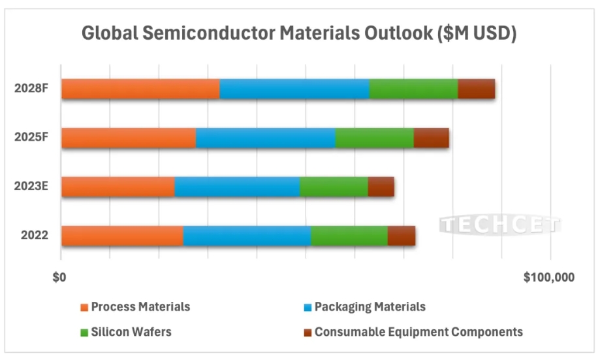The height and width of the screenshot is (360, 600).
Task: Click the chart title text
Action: click(x=300, y=34)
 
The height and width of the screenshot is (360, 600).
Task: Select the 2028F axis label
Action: click(x=31, y=89)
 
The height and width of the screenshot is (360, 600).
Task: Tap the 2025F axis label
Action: click(x=31, y=138)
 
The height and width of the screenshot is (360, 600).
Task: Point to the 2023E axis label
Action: click(x=31, y=187)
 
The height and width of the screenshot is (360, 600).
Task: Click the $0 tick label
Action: click(x=59, y=277)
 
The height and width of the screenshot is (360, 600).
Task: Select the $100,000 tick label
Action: click(x=549, y=277)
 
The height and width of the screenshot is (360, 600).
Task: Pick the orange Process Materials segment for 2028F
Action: click(x=140, y=89)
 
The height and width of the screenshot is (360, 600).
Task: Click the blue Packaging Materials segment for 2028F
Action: click(x=294, y=89)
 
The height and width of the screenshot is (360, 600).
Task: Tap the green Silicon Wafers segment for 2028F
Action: click(x=413, y=89)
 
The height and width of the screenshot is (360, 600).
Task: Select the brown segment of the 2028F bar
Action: click(x=476, y=89)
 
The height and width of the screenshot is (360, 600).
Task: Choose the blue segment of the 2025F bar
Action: click(x=265, y=138)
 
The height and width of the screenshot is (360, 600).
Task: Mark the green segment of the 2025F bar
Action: click(x=374, y=138)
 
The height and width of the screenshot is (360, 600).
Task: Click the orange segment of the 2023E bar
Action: click(x=118, y=187)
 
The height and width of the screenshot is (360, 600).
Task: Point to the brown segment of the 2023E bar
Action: click(x=381, y=187)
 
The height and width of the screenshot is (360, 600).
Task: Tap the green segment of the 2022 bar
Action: click(x=349, y=236)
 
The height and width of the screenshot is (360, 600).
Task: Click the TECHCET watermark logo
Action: click(x=500, y=225)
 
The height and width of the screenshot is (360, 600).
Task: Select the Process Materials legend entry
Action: click(x=140, y=307)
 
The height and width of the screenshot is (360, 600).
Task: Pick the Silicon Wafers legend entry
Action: click(x=131, y=332)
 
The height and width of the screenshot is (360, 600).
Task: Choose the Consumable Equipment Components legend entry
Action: click(x=418, y=332)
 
